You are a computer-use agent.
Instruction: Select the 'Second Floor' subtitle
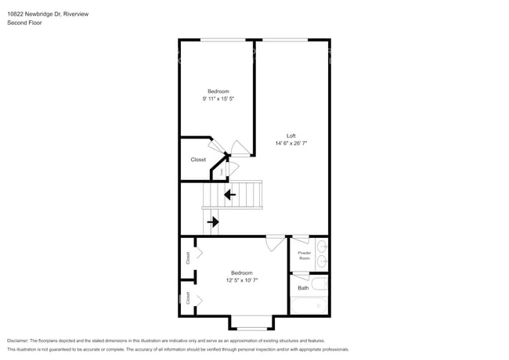(x=24, y=23)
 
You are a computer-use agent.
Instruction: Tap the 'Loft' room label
(x=291, y=135)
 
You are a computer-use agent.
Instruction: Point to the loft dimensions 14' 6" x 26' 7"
(x=291, y=143)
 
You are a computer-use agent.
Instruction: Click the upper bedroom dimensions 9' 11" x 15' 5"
(x=218, y=99)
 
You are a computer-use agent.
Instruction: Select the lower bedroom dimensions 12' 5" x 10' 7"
(x=242, y=279)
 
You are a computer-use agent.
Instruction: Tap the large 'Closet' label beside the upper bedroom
(x=198, y=160)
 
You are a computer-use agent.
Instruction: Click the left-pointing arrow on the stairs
(x=230, y=194)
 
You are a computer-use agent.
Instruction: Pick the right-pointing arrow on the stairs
(x=213, y=221)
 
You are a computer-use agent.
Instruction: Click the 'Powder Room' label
(x=304, y=255)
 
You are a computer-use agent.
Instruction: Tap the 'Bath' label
(x=303, y=288)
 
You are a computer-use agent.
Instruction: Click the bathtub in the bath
(x=309, y=304)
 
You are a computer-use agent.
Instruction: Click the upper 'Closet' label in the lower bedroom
(x=188, y=256)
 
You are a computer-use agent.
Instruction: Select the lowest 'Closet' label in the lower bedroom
(x=188, y=298)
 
